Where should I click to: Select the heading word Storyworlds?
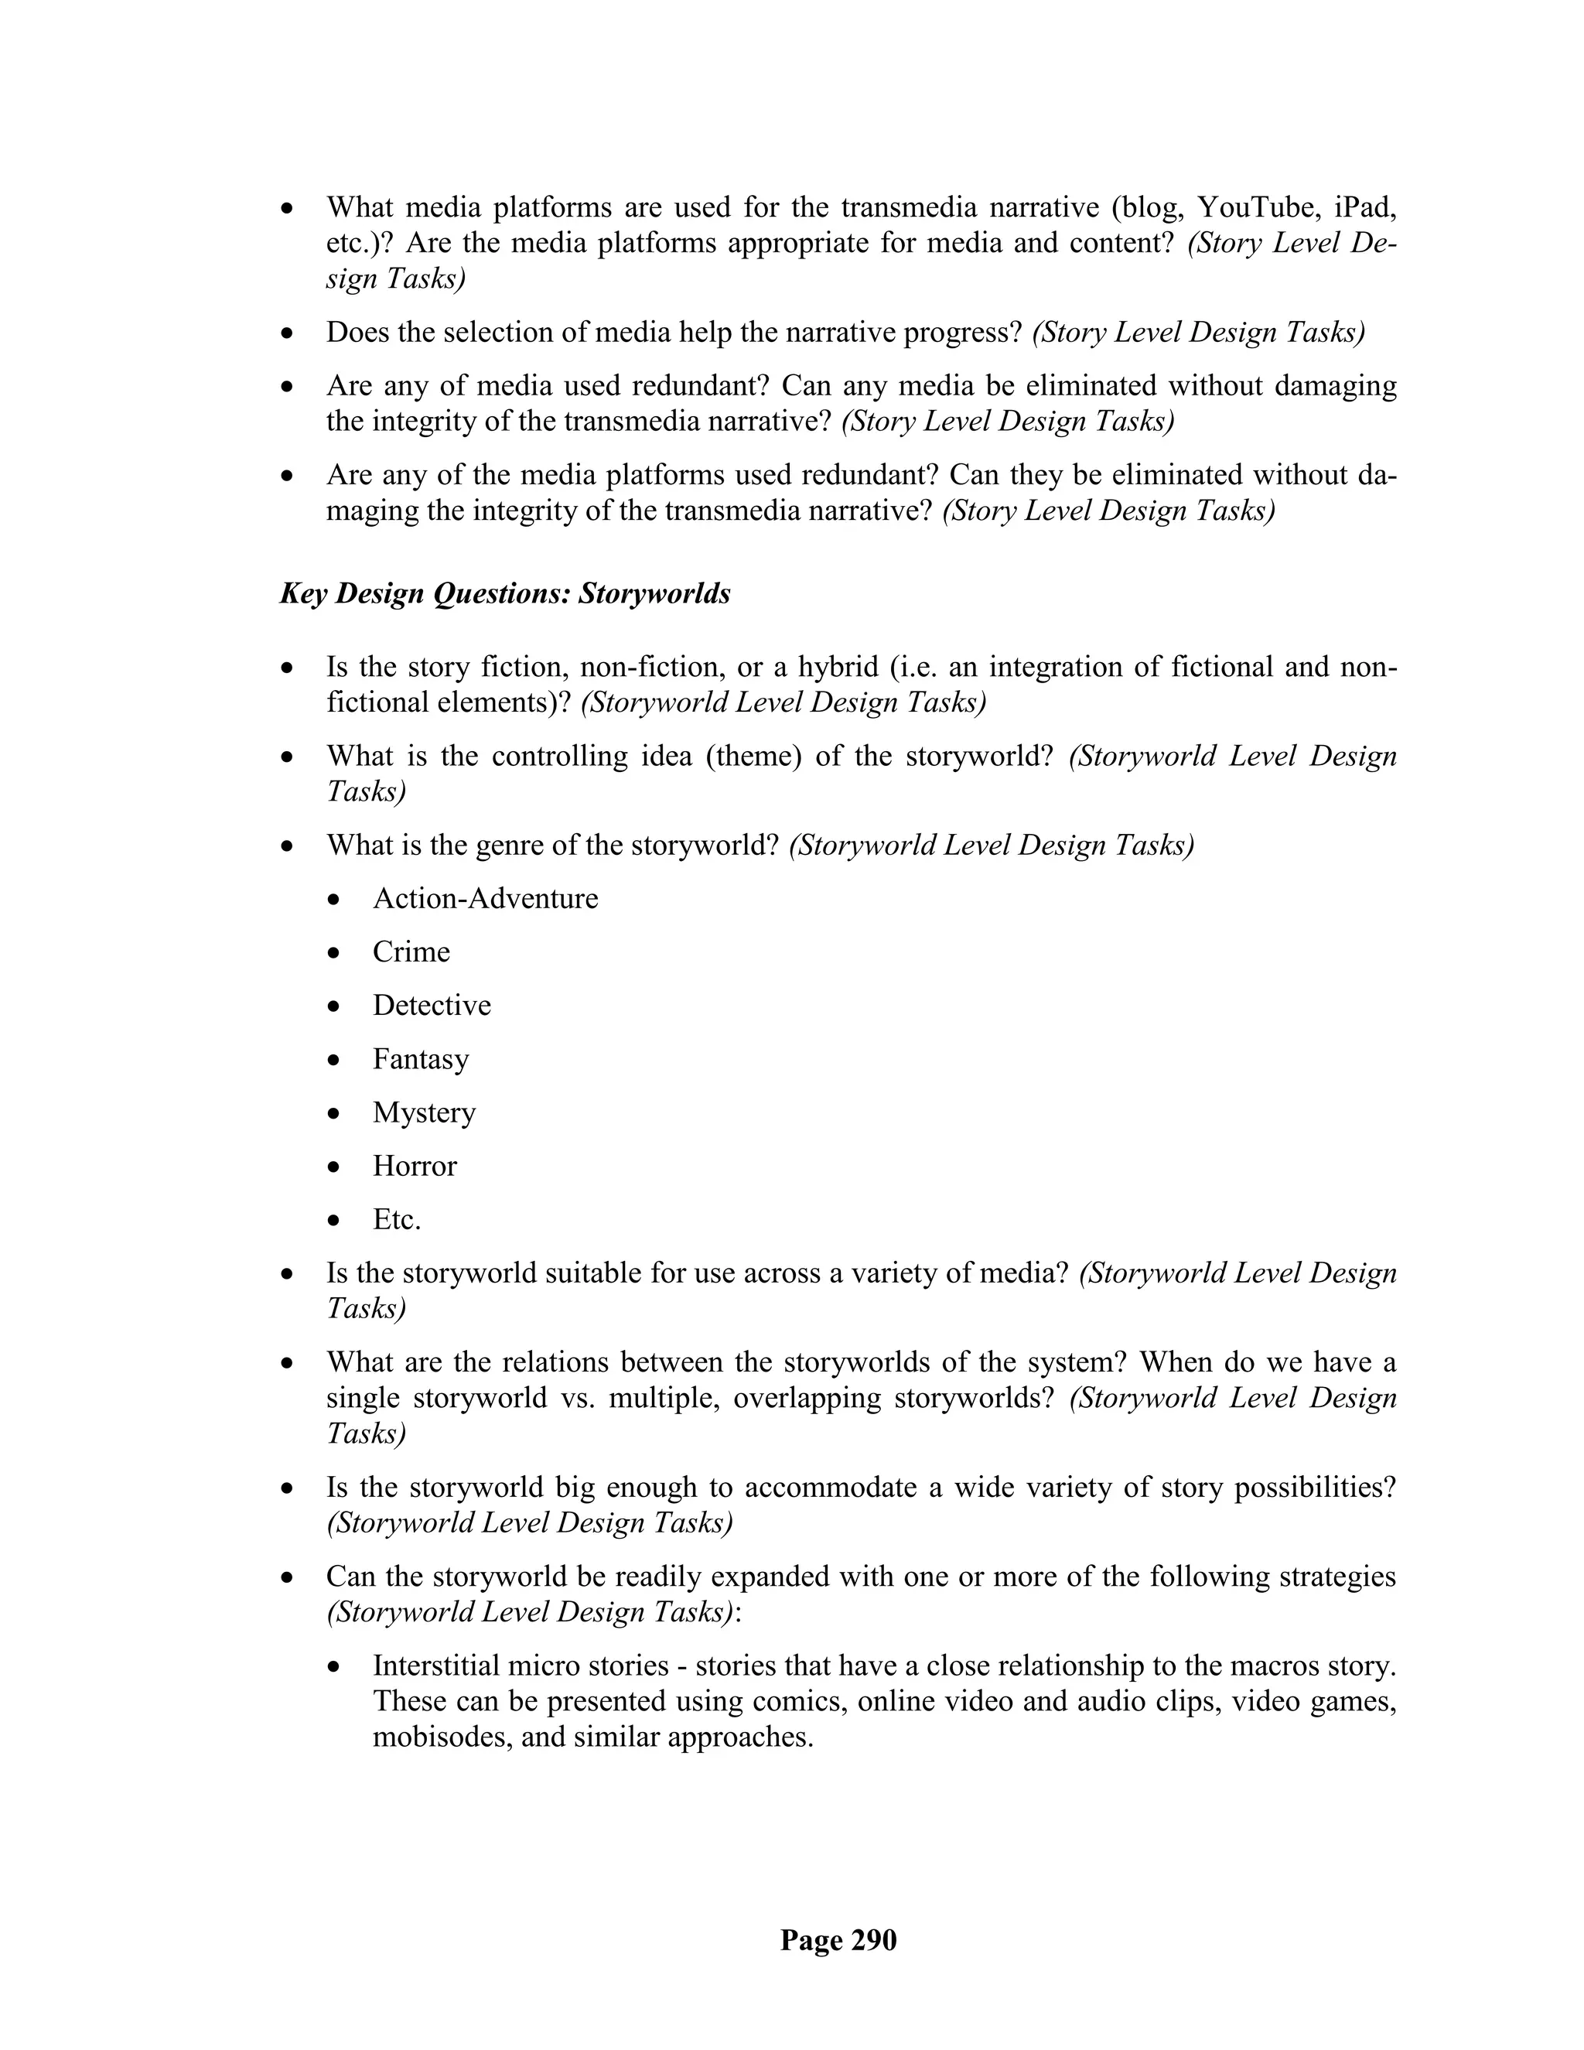pos(654,593)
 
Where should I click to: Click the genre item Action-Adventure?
pos(485,898)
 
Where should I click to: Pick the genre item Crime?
pos(411,952)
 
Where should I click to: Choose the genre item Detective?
pos(432,1006)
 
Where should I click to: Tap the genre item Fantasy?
pos(421,1059)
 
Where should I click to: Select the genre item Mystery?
pos(424,1112)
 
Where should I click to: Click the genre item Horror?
pos(415,1166)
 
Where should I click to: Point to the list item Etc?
pos(397,1219)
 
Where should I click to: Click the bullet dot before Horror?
pos(334,1167)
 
